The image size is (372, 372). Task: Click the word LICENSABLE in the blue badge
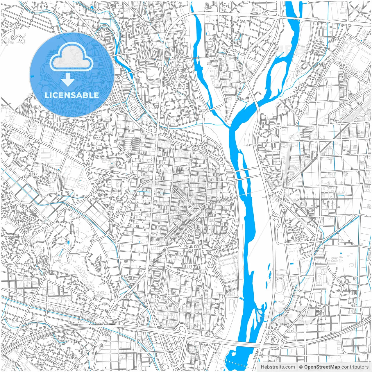pyautogui.click(x=72, y=95)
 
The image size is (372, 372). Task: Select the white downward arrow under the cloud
pyautogui.click(x=68, y=80)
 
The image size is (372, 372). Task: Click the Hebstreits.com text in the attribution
pyautogui.click(x=278, y=367)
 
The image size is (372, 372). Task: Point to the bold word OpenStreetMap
pyautogui.click(x=322, y=367)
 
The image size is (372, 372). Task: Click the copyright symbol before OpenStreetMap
pyautogui.click(x=301, y=367)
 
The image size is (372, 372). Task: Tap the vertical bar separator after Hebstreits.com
pyautogui.click(x=297, y=367)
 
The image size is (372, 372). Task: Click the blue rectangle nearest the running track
pyautogui.click(x=292, y=263)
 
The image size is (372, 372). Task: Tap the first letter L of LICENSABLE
pyautogui.click(x=46, y=95)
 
